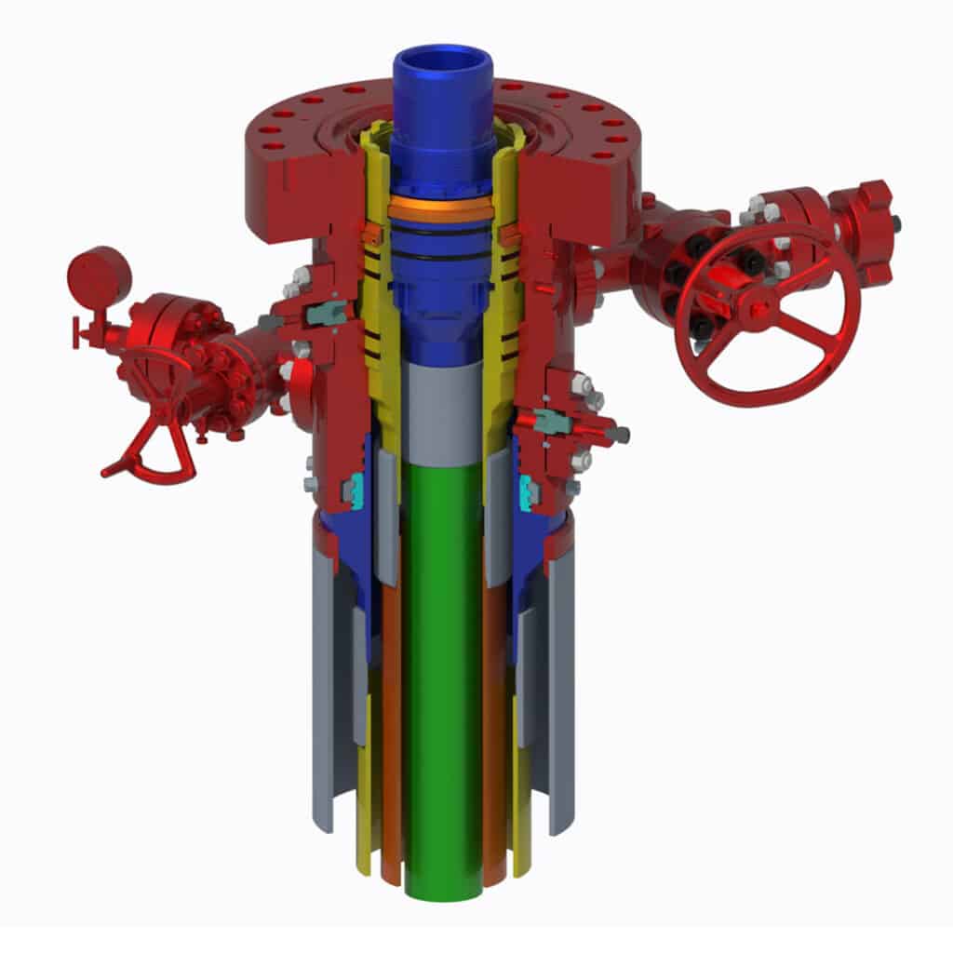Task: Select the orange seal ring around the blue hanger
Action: point(441,209)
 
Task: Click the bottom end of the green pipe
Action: point(443,889)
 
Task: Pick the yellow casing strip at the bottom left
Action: point(364,791)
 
